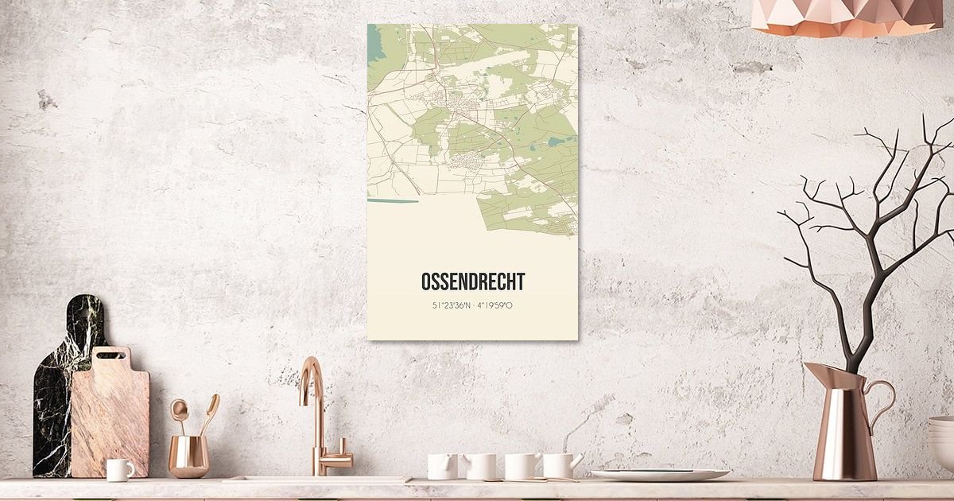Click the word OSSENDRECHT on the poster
pyautogui.click(x=472, y=282)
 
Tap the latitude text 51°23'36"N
pyautogui.click(x=452, y=305)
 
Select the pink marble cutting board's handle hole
pyautogui.click(x=112, y=355)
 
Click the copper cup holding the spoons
pyautogui.click(x=189, y=456)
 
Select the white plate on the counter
pyautogui.click(x=659, y=475)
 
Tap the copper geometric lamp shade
pyautogui.click(x=846, y=17)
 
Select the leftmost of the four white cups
pyautogui.click(x=441, y=466)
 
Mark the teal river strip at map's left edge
pyautogui.click(x=391, y=200)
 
